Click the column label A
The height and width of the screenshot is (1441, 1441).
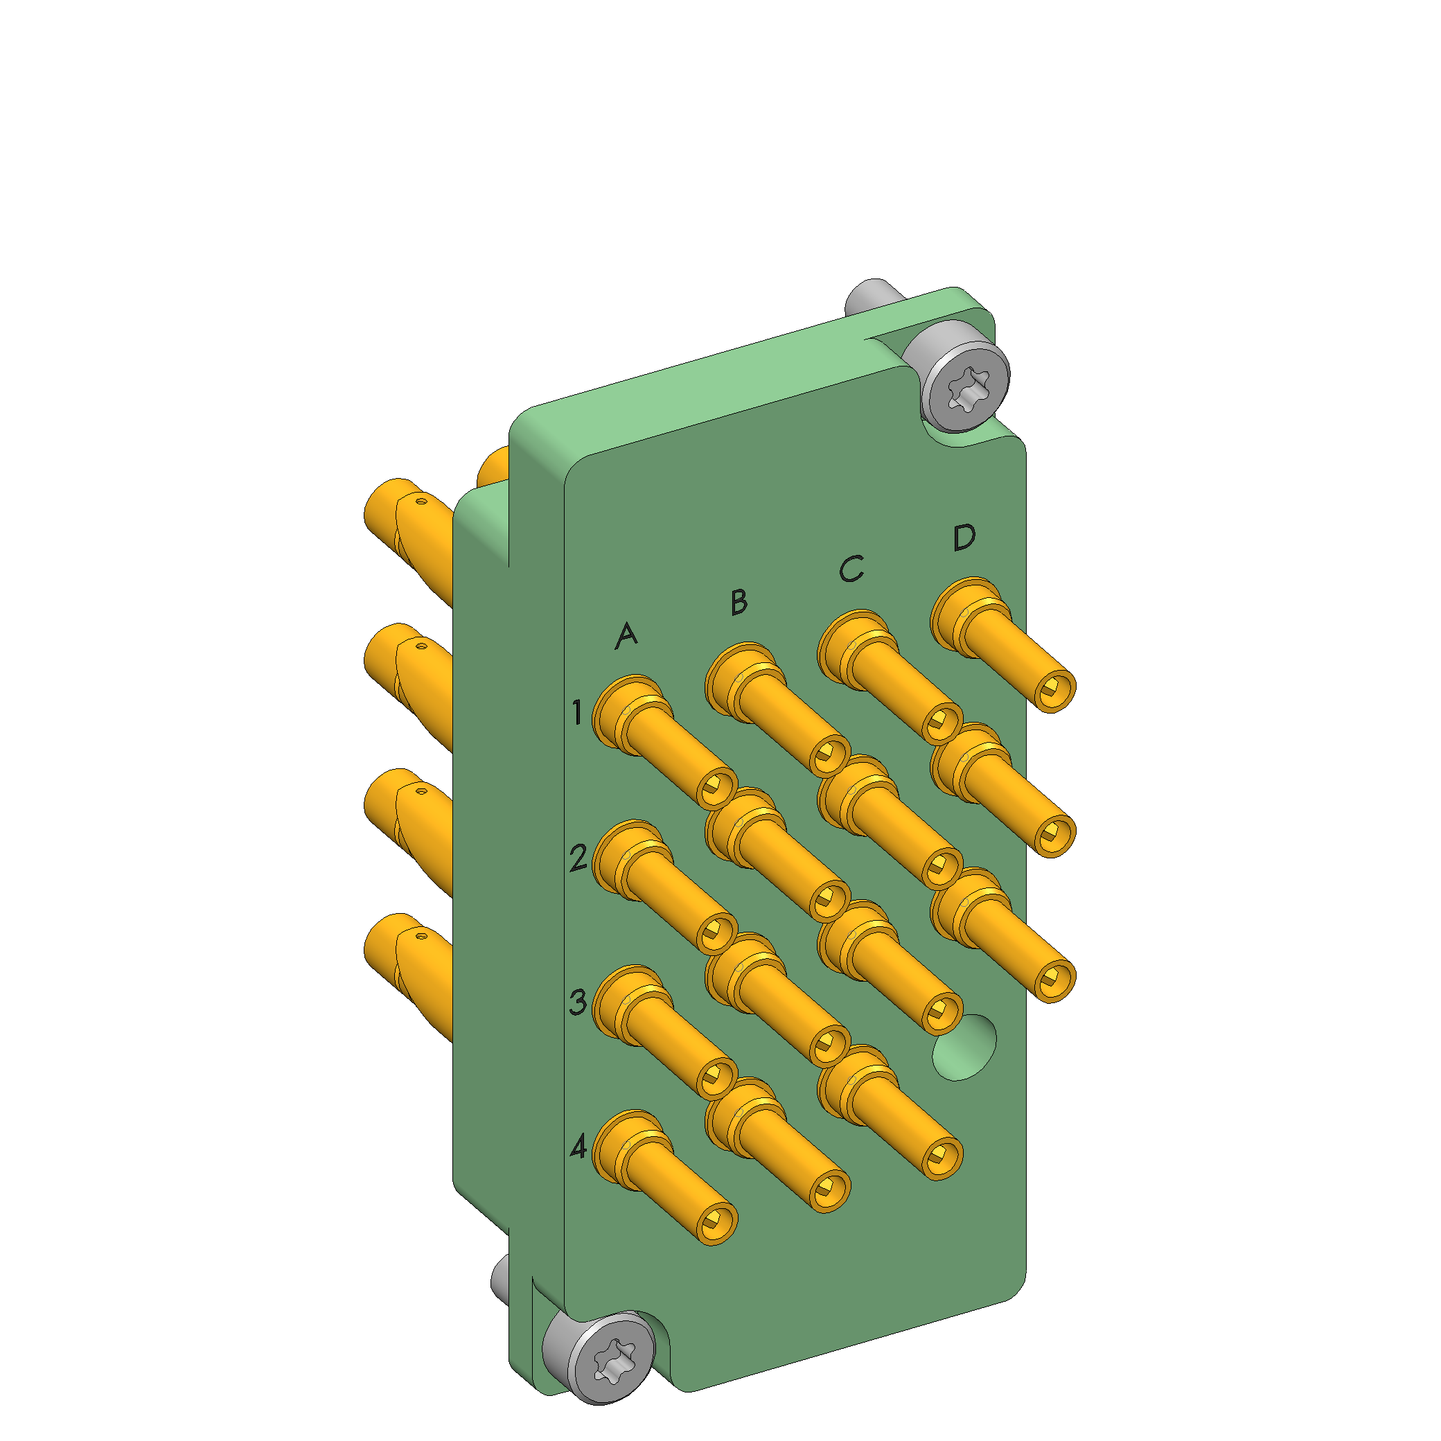tap(626, 635)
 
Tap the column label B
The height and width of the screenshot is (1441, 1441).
tap(739, 602)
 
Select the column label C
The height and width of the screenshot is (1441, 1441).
tap(851, 568)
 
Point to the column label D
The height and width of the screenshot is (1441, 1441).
tap(964, 537)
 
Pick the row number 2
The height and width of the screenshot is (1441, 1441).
tap(578, 858)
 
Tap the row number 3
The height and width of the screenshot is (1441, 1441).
tap(578, 1002)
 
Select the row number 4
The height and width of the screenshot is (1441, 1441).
tap(578, 1147)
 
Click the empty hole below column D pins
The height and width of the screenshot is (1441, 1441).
tap(964, 1046)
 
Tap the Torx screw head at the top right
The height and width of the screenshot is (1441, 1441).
tap(967, 389)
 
